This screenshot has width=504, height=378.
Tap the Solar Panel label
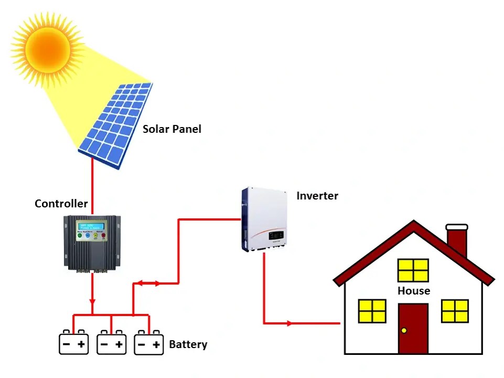click(x=172, y=129)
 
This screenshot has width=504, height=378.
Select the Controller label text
click(x=61, y=204)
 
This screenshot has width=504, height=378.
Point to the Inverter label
click(x=317, y=196)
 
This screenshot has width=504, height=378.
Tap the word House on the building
click(x=413, y=291)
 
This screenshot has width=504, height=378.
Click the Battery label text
click(x=188, y=345)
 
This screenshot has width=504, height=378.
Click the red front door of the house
click(x=413, y=328)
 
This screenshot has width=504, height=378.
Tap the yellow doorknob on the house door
click(x=404, y=330)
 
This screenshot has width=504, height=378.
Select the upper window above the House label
click(x=413, y=270)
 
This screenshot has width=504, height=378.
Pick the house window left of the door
click(x=372, y=311)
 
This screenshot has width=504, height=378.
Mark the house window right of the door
click(x=455, y=311)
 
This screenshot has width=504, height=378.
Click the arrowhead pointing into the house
click(x=289, y=323)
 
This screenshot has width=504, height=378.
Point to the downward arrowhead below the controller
click(x=92, y=302)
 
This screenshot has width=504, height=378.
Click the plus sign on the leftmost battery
click(x=81, y=345)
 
